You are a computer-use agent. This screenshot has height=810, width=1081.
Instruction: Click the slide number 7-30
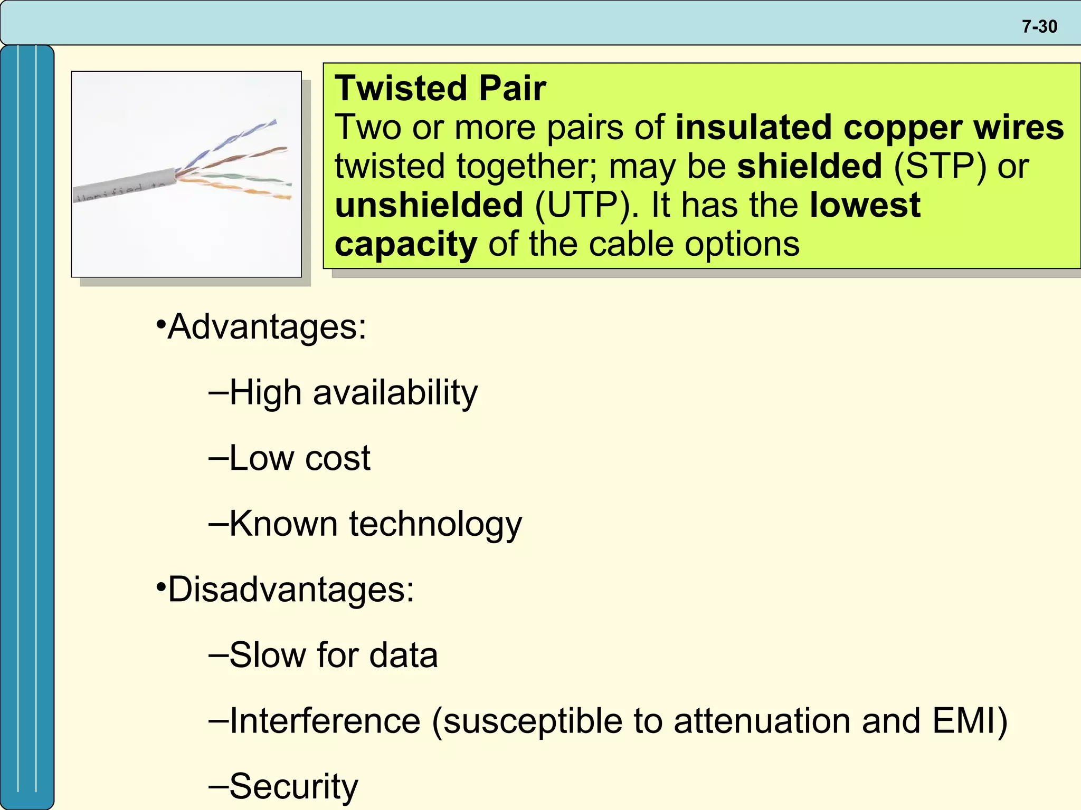click(x=1039, y=26)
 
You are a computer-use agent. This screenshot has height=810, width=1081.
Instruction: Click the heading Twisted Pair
click(x=440, y=88)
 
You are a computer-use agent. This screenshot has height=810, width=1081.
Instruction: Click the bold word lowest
click(x=865, y=205)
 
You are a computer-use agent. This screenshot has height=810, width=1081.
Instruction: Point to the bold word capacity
click(x=405, y=244)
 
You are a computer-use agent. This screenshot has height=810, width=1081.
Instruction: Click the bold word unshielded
click(x=429, y=205)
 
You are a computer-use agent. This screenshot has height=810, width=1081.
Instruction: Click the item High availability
click(x=353, y=393)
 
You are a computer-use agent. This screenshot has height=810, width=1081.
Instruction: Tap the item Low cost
click(x=299, y=458)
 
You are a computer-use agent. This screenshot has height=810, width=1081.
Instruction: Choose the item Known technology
click(x=375, y=524)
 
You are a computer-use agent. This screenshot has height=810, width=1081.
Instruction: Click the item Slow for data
click(x=333, y=655)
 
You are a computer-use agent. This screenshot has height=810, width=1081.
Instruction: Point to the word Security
click(x=293, y=786)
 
